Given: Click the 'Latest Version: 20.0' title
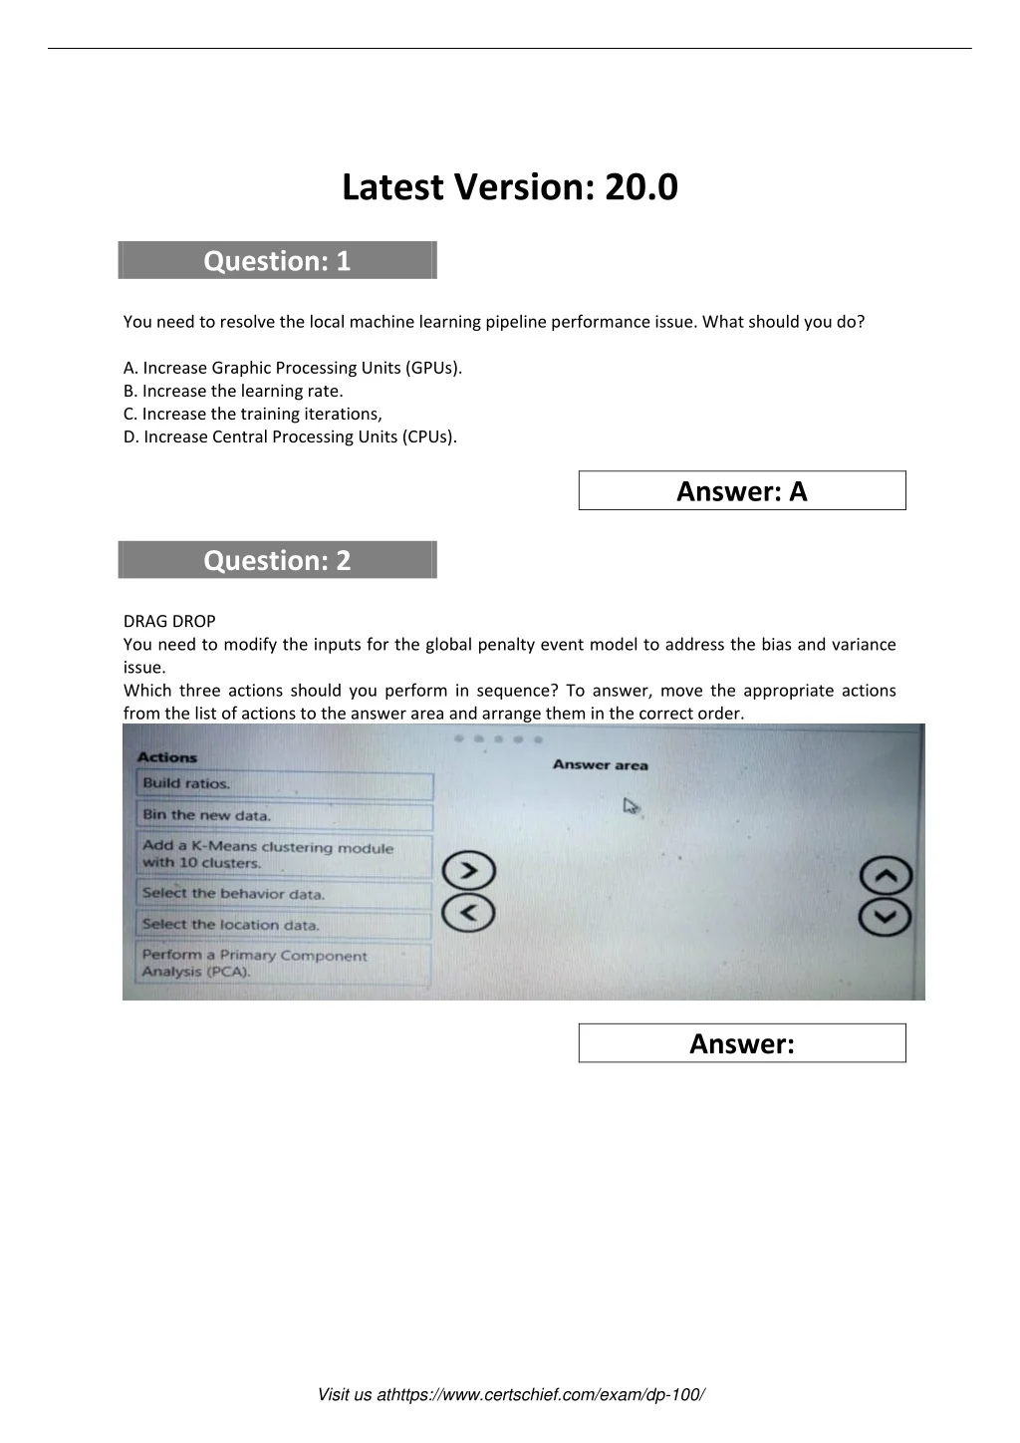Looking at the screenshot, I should (509, 187).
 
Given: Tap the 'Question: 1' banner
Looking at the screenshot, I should (277, 261).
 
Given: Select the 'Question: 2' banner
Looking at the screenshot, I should (277, 560).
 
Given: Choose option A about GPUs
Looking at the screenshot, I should (293, 368).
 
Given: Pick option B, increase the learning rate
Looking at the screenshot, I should (233, 391).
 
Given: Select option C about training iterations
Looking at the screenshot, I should (253, 414).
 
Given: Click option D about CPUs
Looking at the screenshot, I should (291, 436).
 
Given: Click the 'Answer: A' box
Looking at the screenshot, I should (742, 490).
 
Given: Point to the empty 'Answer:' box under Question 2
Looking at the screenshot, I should (742, 1043).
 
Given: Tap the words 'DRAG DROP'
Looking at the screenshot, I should (169, 621).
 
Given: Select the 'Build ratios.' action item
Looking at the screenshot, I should (284, 784).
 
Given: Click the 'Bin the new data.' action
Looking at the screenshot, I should (284, 815).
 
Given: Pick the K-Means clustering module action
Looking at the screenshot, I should (284, 855).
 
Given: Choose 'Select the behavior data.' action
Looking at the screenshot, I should (284, 894).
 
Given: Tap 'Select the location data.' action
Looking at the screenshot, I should (284, 925).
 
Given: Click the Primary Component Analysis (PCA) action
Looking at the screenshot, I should (284, 964).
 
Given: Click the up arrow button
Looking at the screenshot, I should (886, 876).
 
